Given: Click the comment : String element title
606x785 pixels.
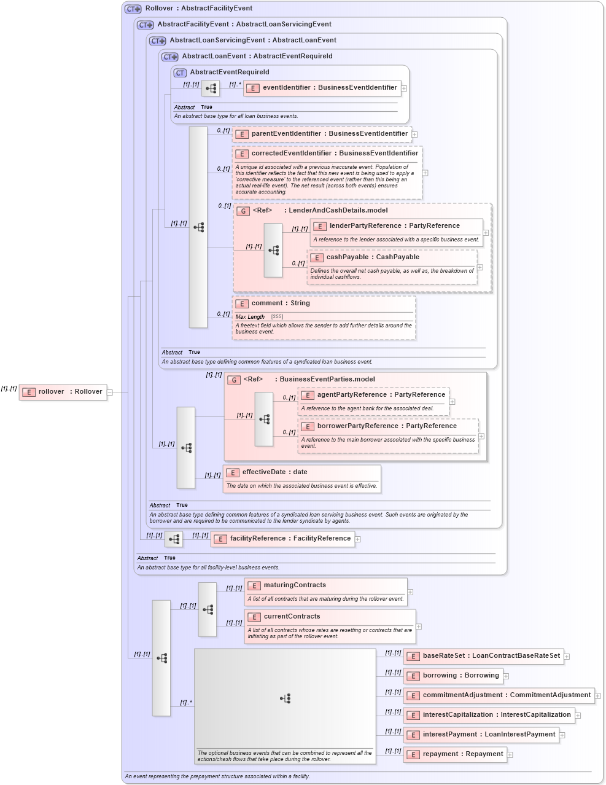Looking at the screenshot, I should pyautogui.click(x=281, y=303).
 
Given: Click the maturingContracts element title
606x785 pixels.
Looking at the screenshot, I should pyautogui.click(x=295, y=585).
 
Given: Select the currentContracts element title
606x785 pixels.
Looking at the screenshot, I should pyautogui.click(x=292, y=617).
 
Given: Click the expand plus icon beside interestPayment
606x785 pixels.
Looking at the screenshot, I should pyautogui.click(x=562, y=735).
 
